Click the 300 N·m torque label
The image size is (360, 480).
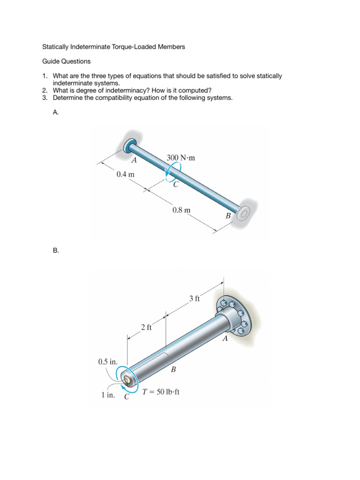[180, 158]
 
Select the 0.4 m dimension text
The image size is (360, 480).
[126, 174]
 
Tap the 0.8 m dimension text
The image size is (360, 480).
[181, 210]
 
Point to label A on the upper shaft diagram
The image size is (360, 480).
[134, 160]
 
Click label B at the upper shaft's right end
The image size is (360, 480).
[228, 216]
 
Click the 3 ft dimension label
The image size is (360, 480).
[195, 298]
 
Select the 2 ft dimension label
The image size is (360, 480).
[146, 327]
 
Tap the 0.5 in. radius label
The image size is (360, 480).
[108, 361]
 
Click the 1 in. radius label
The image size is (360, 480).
[108, 395]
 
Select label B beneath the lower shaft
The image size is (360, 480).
[173, 369]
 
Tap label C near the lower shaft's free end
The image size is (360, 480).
[127, 397]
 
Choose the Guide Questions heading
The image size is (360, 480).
[66, 61]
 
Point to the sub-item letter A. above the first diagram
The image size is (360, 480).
[56, 112]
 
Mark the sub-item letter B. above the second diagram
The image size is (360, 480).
[56, 251]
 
